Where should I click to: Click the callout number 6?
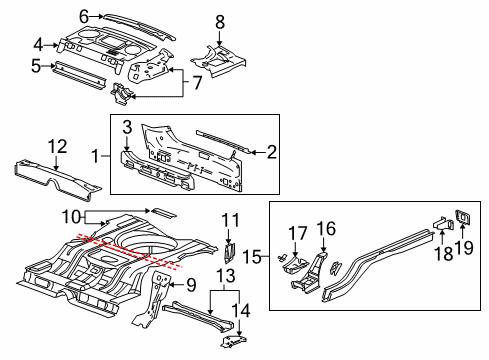click(85, 15)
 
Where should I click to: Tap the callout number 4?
click(38, 44)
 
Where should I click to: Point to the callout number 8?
click(220, 20)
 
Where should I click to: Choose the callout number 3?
click(127, 128)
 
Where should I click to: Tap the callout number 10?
click(68, 215)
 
